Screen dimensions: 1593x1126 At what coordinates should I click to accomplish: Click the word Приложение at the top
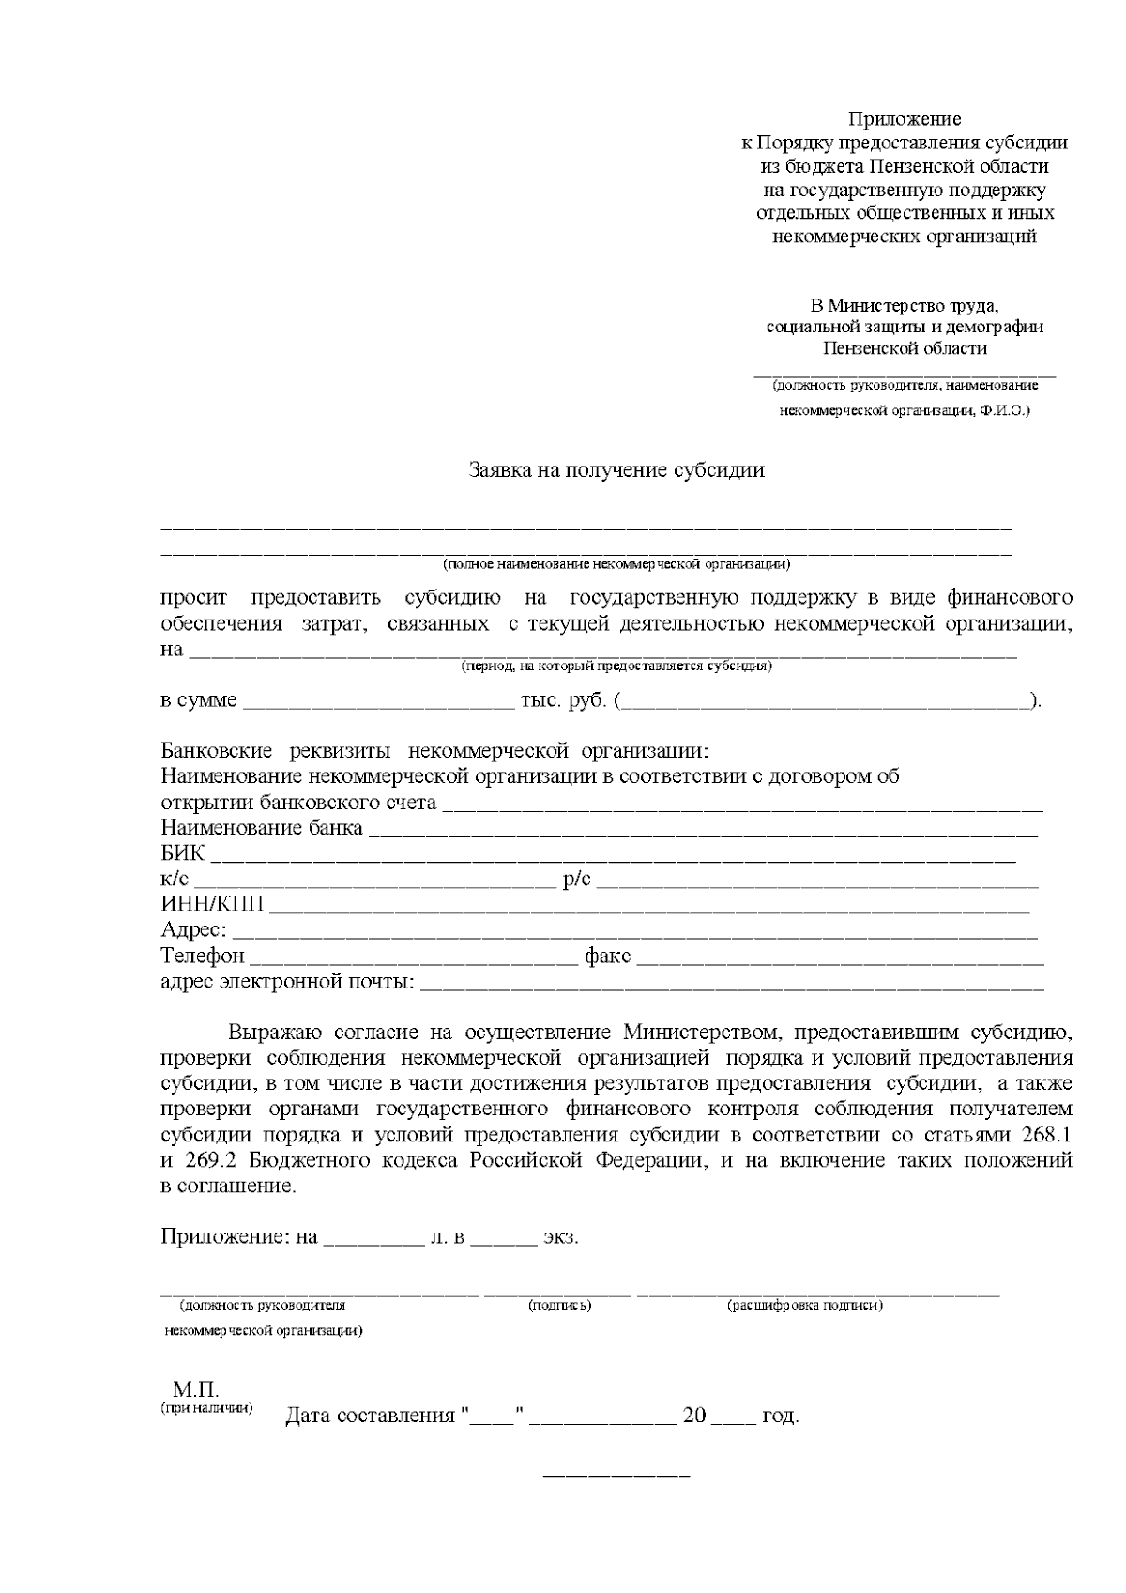pos(905,119)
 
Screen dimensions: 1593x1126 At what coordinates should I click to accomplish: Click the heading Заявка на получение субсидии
pos(616,470)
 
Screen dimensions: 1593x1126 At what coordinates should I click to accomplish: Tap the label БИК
pos(182,855)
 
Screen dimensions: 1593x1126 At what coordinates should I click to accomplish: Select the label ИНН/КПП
pos(212,906)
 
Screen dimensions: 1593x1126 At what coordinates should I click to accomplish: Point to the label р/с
pos(577,881)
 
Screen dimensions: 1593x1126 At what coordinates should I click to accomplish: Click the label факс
pos(607,957)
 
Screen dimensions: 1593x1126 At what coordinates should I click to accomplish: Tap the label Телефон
pos(202,957)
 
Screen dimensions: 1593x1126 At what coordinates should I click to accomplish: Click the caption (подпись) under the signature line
pos(560,1306)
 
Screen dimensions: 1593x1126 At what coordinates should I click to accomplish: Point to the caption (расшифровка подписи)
pos(805,1306)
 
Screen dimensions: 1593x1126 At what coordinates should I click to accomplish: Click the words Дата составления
pos(370,1416)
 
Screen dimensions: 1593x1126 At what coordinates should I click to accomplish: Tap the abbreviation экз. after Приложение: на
pos(561,1237)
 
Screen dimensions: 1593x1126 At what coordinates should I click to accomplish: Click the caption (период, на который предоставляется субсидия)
pos(616,666)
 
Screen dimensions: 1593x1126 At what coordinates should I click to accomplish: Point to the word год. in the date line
pos(781,1416)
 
